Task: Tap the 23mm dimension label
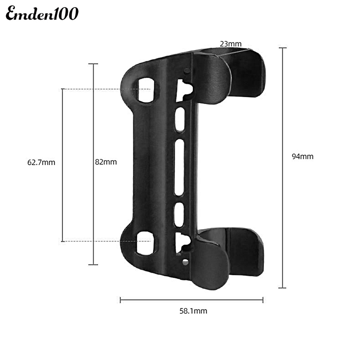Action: click(231, 44)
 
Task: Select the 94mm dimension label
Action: click(302, 156)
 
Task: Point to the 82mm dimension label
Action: click(106, 162)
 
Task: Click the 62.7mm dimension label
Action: click(41, 162)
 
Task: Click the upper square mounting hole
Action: click(146, 90)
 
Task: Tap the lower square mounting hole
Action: click(145, 243)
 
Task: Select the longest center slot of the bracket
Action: click(179, 167)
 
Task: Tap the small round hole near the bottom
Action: click(186, 262)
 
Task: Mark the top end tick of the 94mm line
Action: click(282, 48)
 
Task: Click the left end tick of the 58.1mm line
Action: click(121, 300)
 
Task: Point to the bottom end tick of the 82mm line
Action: click(93, 264)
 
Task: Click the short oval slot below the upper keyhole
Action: click(180, 119)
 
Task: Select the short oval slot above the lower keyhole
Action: click(179, 214)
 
